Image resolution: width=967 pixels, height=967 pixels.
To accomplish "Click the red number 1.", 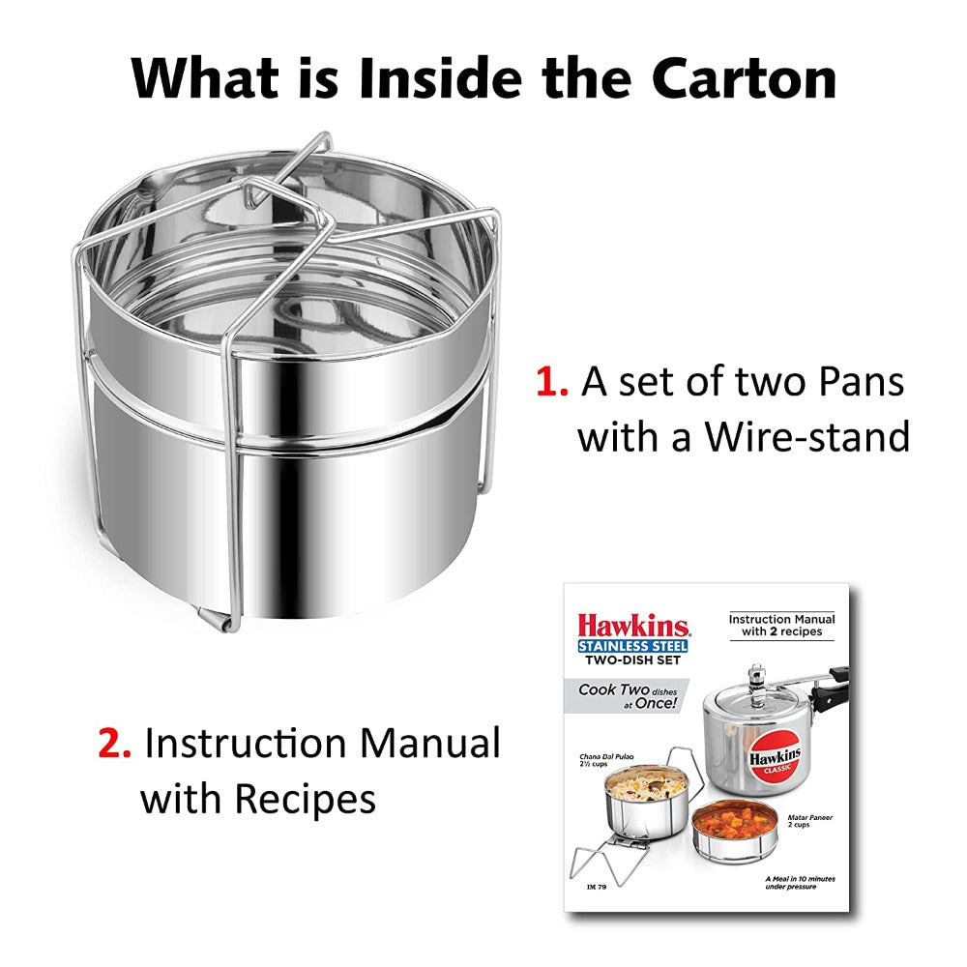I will [552, 382].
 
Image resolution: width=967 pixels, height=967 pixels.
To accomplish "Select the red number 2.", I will [114, 745].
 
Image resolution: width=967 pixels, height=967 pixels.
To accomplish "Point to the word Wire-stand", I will [806, 437].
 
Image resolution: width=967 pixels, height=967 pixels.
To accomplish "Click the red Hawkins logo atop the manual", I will [633, 625].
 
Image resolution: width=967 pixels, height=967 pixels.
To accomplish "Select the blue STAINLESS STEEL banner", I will [633, 645].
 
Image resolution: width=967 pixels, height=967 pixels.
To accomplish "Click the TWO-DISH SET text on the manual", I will [632, 660].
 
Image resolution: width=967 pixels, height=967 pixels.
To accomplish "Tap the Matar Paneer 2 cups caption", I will [809, 823].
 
